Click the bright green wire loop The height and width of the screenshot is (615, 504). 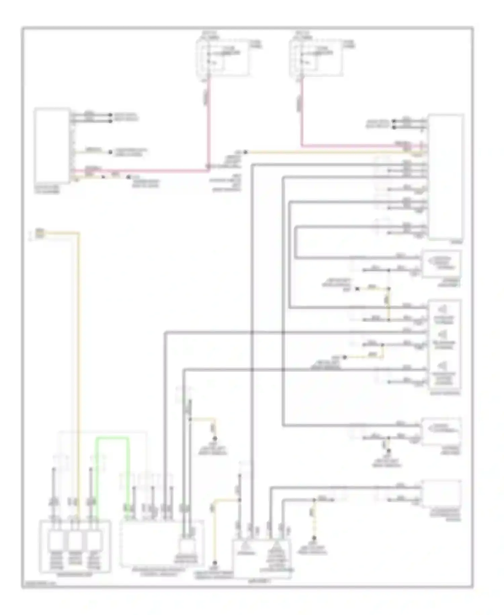(x=113, y=438)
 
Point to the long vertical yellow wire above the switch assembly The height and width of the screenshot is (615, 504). (x=79, y=336)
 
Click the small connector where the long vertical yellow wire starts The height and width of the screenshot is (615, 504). (x=40, y=233)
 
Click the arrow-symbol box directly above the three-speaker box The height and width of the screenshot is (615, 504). (x=442, y=263)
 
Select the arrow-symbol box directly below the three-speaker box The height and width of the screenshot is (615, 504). (x=442, y=431)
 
